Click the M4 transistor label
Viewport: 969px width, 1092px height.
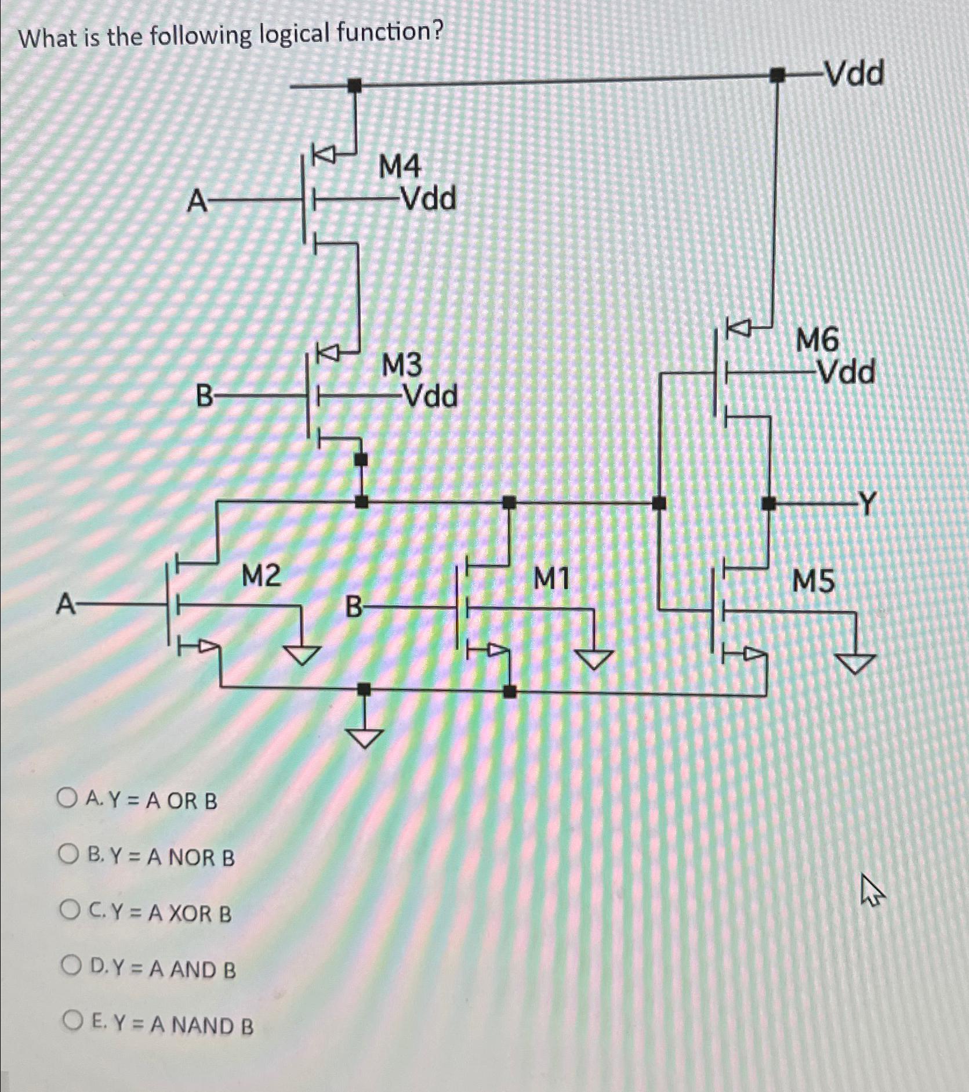point(400,168)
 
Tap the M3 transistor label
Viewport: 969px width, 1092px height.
point(402,366)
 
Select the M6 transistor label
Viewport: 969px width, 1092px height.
point(816,340)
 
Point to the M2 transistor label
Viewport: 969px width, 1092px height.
point(262,576)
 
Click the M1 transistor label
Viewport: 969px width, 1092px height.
point(551,578)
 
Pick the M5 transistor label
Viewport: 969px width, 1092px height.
point(814,581)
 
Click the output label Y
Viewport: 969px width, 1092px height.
point(866,503)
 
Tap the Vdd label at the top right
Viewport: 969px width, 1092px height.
point(854,74)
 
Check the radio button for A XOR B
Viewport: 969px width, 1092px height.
point(70,912)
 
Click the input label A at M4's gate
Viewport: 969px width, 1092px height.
point(197,203)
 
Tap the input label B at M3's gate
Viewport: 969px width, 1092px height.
point(204,397)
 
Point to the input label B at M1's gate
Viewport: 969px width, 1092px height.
point(354,608)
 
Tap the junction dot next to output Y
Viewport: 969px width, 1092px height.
point(768,503)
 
